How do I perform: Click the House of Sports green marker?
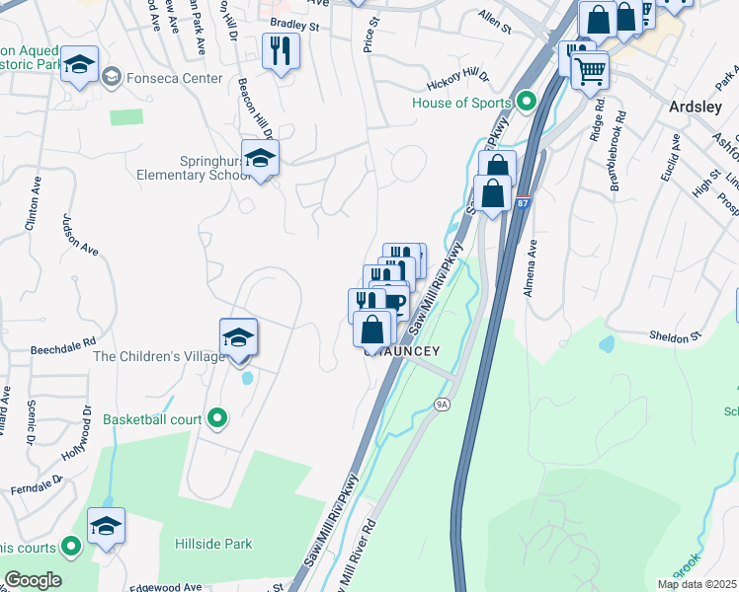527,102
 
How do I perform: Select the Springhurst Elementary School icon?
260,159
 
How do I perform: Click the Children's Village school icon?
238,337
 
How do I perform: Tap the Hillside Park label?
213,544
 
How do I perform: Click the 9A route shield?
442,403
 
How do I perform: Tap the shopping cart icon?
590,69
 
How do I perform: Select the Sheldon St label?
676,336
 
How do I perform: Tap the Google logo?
34,580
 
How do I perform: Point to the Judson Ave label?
81,239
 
